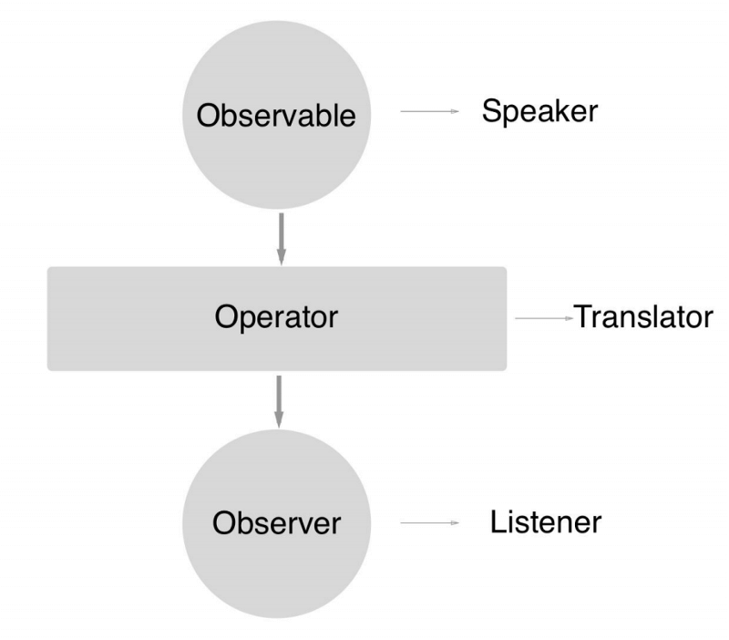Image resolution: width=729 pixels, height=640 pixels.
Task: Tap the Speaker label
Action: pyautogui.click(x=539, y=111)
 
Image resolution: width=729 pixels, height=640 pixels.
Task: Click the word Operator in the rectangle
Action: pyautogui.click(x=276, y=317)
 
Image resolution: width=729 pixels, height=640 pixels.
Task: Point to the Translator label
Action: pyautogui.click(x=642, y=317)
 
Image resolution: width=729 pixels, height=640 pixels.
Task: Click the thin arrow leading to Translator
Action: pyautogui.click(x=542, y=318)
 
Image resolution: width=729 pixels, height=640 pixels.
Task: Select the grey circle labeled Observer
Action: pyautogui.click(x=277, y=574)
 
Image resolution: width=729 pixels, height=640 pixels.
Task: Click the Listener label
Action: pyautogui.click(x=546, y=522)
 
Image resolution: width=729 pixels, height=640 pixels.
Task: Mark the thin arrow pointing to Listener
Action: pyautogui.click(x=428, y=523)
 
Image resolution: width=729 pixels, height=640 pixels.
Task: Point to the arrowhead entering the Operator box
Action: pyautogui.click(x=282, y=257)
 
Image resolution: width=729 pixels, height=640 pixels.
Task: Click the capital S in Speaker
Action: pyautogui.click(x=490, y=111)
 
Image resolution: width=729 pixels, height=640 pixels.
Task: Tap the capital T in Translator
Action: pyautogui.click(x=581, y=317)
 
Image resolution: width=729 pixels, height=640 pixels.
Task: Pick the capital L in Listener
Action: pyautogui.click(x=497, y=522)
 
